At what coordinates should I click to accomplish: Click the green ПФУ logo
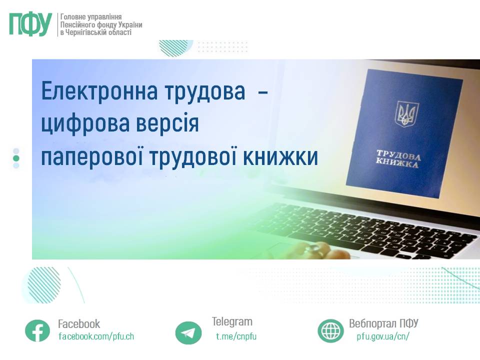click(30, 24)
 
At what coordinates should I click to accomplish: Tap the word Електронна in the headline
click(99, 91)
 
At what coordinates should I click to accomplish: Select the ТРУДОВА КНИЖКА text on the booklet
click(397, 159)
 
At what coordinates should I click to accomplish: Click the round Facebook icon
click(37, 330)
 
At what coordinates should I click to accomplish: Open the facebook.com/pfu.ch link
click(96, 336)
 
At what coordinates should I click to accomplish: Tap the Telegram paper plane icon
click(188, 332)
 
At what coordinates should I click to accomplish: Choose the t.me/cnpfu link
click(236, 336)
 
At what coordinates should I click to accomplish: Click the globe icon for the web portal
click(330, 330)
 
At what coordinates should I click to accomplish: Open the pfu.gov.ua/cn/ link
click(383, 336)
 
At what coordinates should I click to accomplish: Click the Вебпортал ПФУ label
click(383, 323)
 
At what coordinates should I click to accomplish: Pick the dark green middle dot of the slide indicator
click(16, 158)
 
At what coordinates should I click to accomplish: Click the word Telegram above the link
click(232, 321)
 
